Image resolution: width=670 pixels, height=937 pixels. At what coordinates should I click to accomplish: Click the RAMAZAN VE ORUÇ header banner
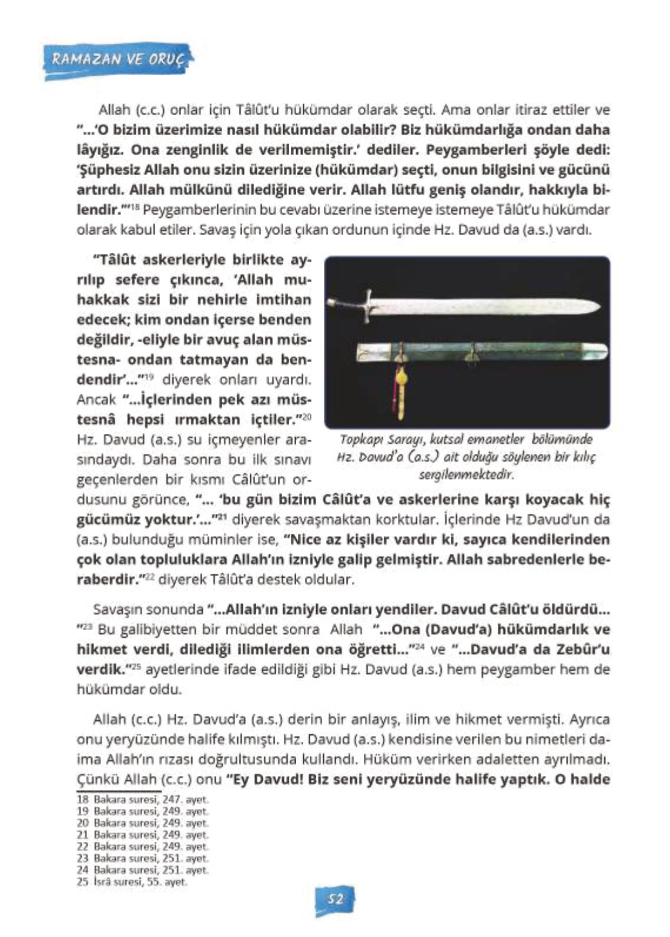tap(118, 59)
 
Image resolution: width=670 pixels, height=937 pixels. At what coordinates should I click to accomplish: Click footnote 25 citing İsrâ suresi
tap(132, 882)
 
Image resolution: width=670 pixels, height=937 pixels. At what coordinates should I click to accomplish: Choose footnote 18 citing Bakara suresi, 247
tap(143, 799)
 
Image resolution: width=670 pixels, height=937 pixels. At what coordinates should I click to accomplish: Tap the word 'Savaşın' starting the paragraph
tap(114, 610)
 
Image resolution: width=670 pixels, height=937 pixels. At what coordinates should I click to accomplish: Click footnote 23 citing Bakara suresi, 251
tap(143, 858)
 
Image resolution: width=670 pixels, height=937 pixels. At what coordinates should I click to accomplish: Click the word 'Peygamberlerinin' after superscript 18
tap(186, 210)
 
